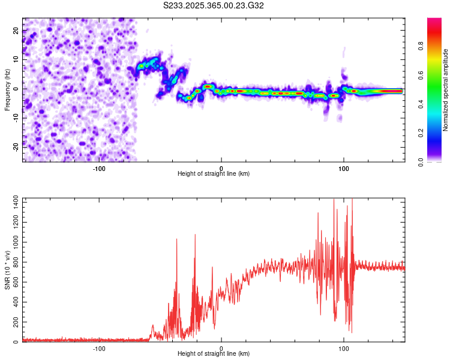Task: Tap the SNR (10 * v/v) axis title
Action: click(x=7, y=270)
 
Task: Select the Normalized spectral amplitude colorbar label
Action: click(x=446, y=90)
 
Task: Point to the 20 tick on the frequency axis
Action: click(x=16, y=30)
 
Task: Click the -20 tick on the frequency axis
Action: click(x=15, y=146)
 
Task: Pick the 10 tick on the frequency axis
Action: click(x=16, y=59)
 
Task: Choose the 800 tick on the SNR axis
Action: click(x=14, y=264)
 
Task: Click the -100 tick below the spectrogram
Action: click(x=99, y=168)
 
